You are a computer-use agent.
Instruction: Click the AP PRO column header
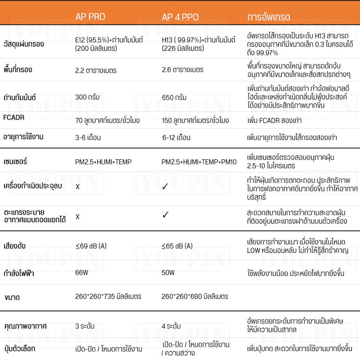pyautogui.click(x=90, y=17)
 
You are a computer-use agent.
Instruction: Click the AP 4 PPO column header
pyautogui.click(x=180, y=18)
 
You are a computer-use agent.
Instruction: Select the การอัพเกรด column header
pyautogui.click(x=269, y=18)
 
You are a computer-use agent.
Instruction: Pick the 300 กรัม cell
pyautogui.click(x=87, y=97)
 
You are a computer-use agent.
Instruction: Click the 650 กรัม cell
pyautogui.click(x=174, y=97)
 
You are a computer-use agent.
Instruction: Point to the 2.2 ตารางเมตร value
pyautogui.click(x=96, y=70)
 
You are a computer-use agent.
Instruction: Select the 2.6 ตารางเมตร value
pyautogui.click(x=183, y=70)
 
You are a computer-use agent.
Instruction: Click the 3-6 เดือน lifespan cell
pyautogui.click(x=88, y=137)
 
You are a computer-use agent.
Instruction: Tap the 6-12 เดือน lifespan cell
pyautogui.click(x=176, y=137)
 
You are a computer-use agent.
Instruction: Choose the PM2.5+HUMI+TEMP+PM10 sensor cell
pyautogui.click(x=199, y=162)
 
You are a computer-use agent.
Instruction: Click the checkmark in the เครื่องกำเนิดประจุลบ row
pyautogui.click(x=165, y=186)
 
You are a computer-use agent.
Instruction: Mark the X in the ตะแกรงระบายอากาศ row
pyautogui.click(x=77, y=217)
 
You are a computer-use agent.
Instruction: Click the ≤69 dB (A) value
pyautogui.click(x=91, y=246)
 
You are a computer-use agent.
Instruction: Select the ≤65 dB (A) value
pyautogui.click(x=177, y=246)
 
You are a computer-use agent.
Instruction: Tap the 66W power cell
pyautogui.click(x=81, y=273)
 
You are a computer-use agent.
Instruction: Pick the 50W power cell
pyautogui.click(x=168, y=273)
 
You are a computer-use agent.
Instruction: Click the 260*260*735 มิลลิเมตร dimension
pyautogui.click(x=108, y=297)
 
